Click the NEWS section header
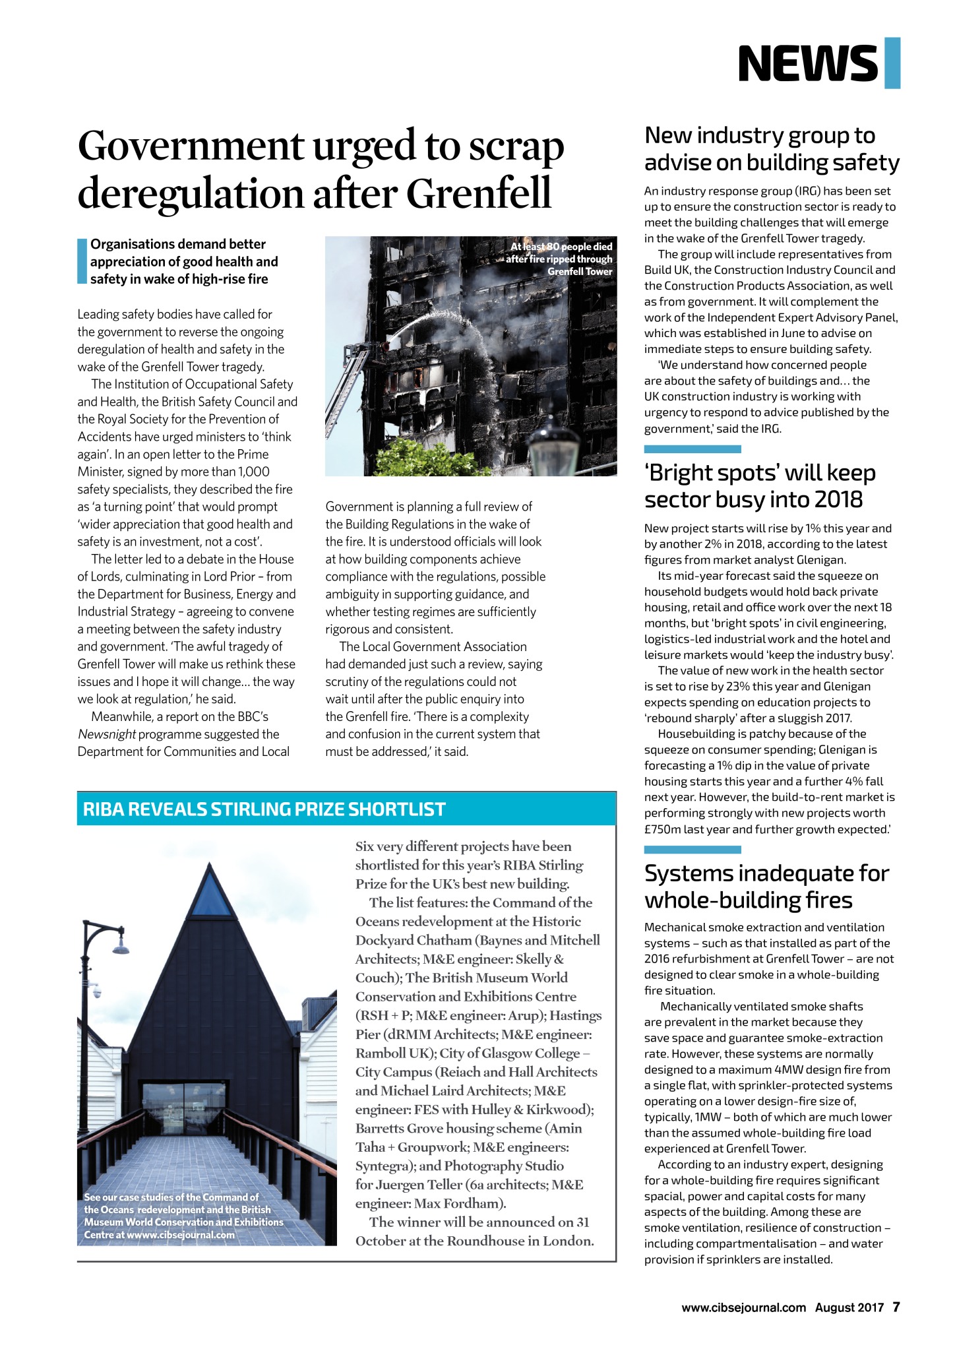808,63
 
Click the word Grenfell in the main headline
478,193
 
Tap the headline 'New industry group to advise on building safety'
771,149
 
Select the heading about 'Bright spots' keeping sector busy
760,486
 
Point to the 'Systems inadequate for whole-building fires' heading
766,887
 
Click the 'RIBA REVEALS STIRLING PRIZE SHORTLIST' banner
264,809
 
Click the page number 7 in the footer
896,1307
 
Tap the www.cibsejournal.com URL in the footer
743,1307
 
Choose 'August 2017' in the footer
849,1307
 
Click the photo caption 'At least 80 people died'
561,247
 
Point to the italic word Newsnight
107,734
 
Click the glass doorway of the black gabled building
181,1110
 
